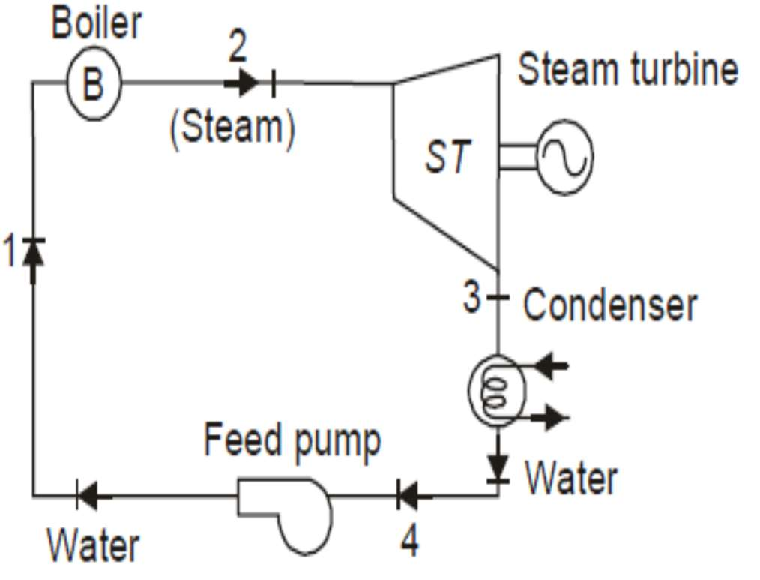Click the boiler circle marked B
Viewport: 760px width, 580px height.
pos(92,83)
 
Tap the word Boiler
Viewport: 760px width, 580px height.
pos(96,24)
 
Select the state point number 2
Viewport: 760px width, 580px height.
pos(237,47)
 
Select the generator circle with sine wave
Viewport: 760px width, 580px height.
pos(565,157)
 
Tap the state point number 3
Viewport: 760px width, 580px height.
pos(471,298)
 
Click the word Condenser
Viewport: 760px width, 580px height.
pos(610,305)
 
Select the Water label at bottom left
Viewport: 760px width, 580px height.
pos(94,545)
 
